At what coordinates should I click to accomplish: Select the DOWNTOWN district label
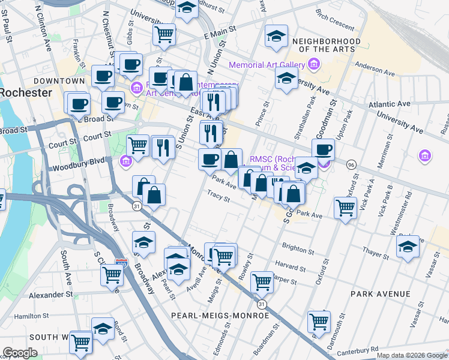(59, 80)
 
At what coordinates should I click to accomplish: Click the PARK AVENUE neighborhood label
(382, 294)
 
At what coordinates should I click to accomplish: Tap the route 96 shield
(351, 164)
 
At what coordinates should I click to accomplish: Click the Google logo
(20, 353)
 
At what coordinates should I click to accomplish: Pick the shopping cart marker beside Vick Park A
(345, 208)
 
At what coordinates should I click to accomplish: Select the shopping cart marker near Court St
(138, 145)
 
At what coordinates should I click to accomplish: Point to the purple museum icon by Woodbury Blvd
(125, 160)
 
